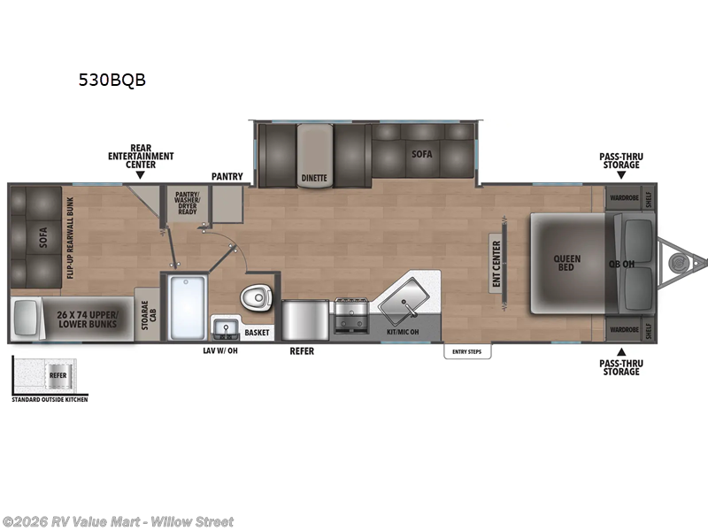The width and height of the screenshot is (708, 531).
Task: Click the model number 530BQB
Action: click(x=112, y=80)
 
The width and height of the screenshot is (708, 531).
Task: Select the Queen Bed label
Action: click(x=567, y=263)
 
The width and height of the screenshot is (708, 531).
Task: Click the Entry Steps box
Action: click(x=467, y=351)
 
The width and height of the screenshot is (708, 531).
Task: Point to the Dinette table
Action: click(x=314, y=155)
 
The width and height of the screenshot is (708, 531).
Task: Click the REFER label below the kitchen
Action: click(x=302, y=351)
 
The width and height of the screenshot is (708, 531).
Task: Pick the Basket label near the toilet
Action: click(x=258, y=333)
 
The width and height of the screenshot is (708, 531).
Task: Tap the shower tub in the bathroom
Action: click(x=186, y=306)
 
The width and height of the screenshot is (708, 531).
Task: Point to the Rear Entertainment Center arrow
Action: click(x=140, y=177)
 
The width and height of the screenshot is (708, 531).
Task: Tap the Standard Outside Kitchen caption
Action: click(x=50, y=399)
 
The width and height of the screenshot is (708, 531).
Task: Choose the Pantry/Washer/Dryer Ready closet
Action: click(x=188, y=202)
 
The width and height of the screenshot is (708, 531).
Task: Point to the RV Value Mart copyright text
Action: click(x=119, y=521)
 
